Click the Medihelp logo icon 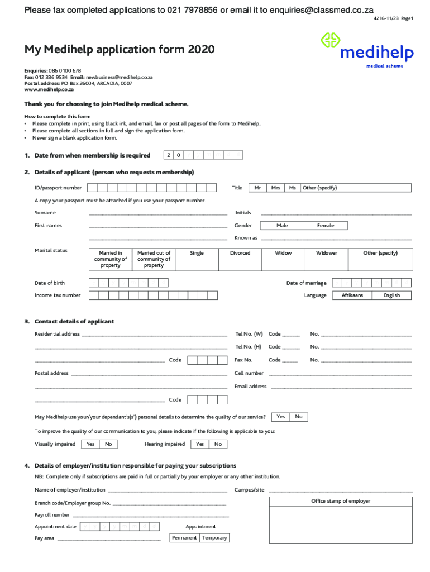(x=330, y=41)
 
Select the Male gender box (x=282, y=226)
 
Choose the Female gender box (x=326, y=226)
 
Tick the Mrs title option (x=275, y=188)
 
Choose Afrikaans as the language (x=352, y=295)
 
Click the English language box (x=391, y=295)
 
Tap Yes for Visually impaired (x=90, y=444)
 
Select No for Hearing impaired (x=218, y=444)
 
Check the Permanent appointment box (x=184, y=538)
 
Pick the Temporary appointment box (x=214, y=538)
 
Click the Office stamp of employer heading (x=341, y=501)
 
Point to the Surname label (x=45, y=213)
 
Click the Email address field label (x=251, y=387)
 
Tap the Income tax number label (x=58, y=295)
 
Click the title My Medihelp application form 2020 (x=119, y=50)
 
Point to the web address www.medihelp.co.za (x=49, y=89)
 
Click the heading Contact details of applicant (x=74, y=322)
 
